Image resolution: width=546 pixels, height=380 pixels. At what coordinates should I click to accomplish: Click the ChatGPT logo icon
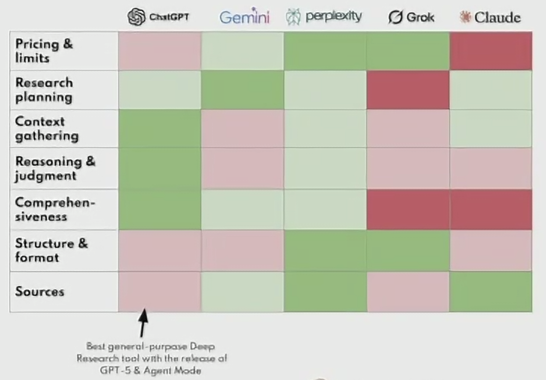click(136, 17)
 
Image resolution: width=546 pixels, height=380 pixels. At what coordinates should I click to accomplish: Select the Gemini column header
click(244, 17)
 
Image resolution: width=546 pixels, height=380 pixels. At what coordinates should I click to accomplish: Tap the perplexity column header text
click(333, 16)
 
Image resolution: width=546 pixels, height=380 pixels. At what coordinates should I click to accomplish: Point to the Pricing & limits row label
click(44, 51)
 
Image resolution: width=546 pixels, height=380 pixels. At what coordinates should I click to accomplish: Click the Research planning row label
click(44, 90)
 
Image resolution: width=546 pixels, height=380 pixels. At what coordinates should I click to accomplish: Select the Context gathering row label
click(47, 129)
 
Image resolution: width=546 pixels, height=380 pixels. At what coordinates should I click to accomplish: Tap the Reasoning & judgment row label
click(55, 168)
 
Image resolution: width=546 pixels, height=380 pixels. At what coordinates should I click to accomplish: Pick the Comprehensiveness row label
click(55, 209)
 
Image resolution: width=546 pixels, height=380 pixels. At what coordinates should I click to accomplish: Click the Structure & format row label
click(51, 250)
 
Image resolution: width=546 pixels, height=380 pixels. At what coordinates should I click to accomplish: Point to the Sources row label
click(40, 292)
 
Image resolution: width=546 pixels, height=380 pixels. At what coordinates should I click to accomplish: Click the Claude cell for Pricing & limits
click(490, 51)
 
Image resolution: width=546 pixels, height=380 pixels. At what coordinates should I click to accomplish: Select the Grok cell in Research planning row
click(408, 90)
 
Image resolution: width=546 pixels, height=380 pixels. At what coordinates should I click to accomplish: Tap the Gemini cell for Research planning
click(242, 90)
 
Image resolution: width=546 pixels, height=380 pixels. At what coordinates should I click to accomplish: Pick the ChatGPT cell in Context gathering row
click(159, 129)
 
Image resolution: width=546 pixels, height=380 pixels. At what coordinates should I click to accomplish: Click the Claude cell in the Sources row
click(490, 292)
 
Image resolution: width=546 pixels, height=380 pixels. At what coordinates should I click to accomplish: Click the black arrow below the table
click(143, 322)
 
